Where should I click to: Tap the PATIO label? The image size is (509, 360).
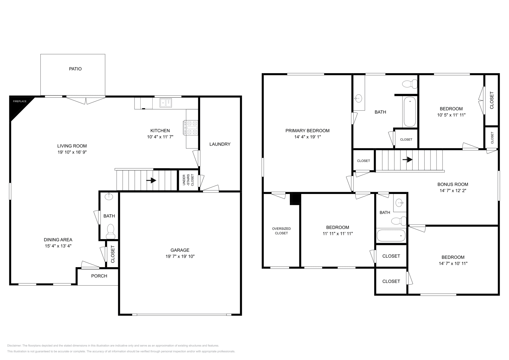[x=75, y=69]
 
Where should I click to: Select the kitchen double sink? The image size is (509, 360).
[x=166, y=102]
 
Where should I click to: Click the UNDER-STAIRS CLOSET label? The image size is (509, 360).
[x=188, y=180]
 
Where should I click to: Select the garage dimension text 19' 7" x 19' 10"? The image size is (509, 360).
[x=180, y=256]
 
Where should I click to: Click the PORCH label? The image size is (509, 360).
[x=99, y=276]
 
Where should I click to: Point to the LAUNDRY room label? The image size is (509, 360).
[x=220, y=144]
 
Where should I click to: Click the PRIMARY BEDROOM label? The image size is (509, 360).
[x=307, y=130]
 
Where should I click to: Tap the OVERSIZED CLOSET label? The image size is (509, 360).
[x=281, y=231]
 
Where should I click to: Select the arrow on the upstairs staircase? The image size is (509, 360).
[x=408, y=159]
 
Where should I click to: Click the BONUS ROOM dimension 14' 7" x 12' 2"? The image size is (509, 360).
[x=452, y=190]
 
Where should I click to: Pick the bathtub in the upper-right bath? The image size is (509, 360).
[x=409, y=112]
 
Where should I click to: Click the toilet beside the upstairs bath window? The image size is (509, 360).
[x=410, y=84]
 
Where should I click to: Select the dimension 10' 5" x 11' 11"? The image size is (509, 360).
[x=451, y=115]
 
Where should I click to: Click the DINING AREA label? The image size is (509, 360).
[x=58, y=240]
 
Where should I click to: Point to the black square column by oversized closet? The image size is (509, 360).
[x=295, y=198]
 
